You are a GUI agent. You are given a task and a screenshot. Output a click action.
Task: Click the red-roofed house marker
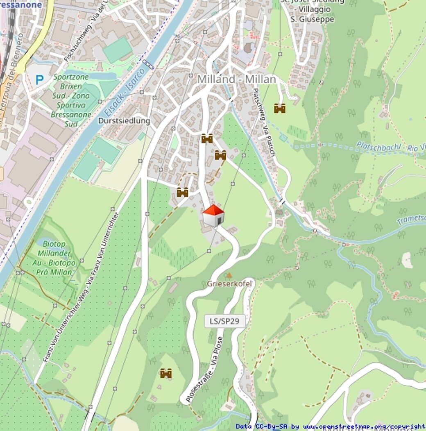tap(213, 215)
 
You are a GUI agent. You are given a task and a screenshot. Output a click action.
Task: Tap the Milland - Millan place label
tap(236, 79)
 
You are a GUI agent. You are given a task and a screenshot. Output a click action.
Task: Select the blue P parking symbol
tap(40, 80)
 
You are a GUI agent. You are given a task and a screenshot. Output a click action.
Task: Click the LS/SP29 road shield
tap(224, 321)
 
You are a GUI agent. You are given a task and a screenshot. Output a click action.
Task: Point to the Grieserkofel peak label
tap(229, 284)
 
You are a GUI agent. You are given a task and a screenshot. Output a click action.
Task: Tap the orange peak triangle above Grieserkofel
tap(229, 275)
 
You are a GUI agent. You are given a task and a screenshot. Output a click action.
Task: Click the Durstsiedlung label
tap(124, 121)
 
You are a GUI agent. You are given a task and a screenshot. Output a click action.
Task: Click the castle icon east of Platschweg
tap(280, 109)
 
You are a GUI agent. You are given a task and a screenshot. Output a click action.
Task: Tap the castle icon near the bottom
tap(165, 373)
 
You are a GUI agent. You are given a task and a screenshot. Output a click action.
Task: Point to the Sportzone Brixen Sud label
tap(71, 100)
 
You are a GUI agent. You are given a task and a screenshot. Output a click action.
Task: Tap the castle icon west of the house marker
tap(182, 192)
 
